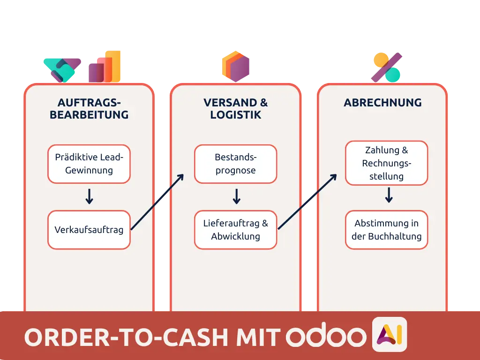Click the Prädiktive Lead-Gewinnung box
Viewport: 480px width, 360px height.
tap(89, 164)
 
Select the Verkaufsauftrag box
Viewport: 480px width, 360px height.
tap(89, 230)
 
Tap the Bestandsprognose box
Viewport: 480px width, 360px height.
tap(235, 164)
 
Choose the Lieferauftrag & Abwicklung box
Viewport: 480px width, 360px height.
tap(235, 230)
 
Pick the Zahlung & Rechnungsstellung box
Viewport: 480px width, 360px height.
tap(386, 163)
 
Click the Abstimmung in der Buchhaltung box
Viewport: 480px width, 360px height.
tap(386, 230)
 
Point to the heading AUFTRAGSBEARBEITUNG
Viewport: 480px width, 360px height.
tap(89, 108)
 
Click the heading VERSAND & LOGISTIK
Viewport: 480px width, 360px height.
tap(235, 108)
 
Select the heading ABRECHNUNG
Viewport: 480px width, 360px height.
tap(382, 103)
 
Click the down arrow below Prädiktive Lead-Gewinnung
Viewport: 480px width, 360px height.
tap(89, 196)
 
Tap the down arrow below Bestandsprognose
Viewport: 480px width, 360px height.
tap(236, 196)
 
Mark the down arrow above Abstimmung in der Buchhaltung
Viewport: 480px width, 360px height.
tap(388, 195)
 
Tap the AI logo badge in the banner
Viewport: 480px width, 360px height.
tap(389, 334)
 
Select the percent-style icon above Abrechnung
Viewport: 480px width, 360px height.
tap(387, 67)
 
